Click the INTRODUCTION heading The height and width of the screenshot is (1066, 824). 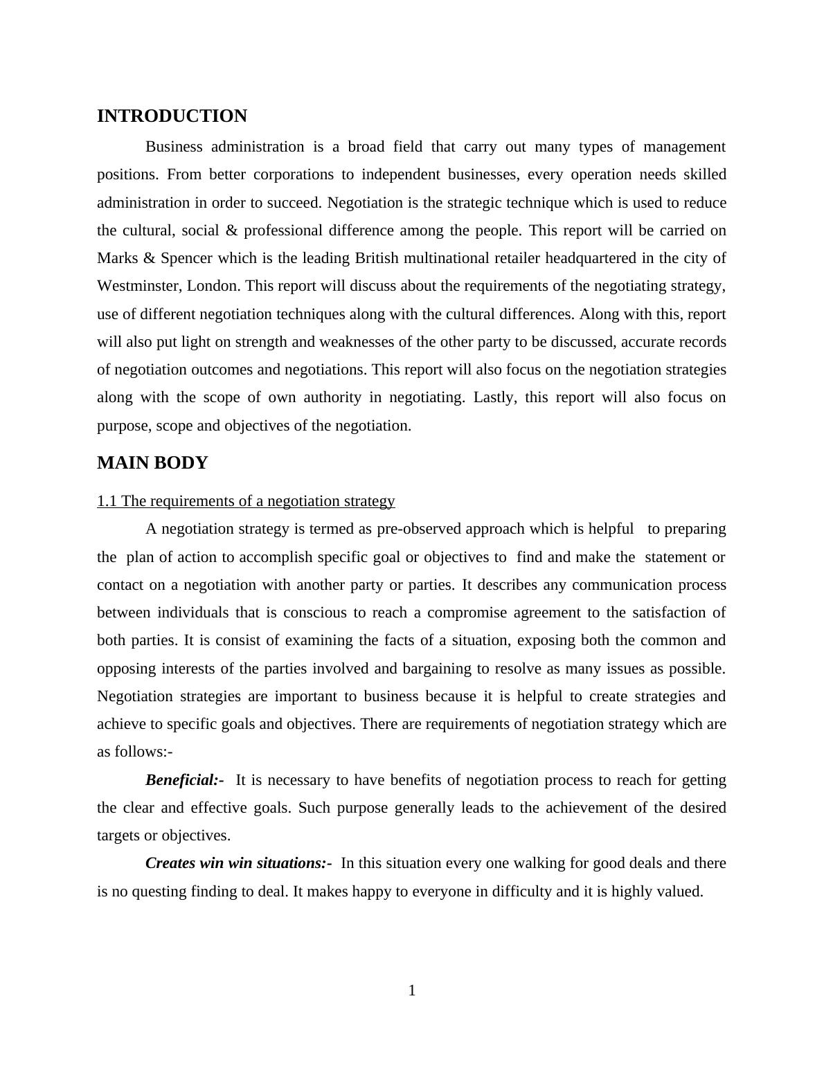click(172, 116)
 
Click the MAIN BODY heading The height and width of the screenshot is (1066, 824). click(152, 463)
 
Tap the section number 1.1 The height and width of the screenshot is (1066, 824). click(107, 501)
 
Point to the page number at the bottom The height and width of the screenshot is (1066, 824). click(412, 991)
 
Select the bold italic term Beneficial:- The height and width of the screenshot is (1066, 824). click(184, 780)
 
